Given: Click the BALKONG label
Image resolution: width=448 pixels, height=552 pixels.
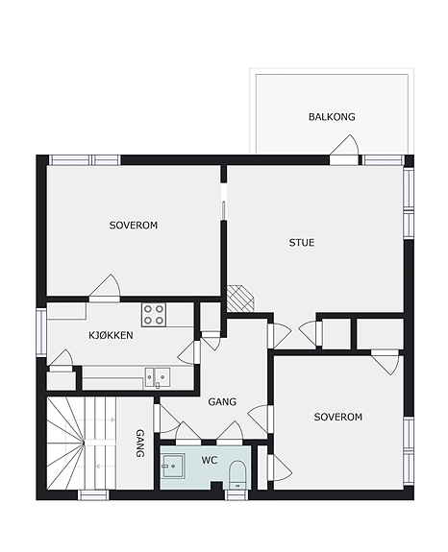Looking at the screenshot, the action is [x=332, y=117].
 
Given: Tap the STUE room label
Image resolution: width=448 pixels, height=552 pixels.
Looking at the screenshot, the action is [x=302, y=243].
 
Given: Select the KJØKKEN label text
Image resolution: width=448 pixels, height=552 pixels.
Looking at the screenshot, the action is [x=111, y=335].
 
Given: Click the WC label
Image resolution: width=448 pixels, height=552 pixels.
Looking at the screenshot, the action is [x=210, y=460].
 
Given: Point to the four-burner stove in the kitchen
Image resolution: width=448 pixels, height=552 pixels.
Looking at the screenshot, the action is [x=154, y=315].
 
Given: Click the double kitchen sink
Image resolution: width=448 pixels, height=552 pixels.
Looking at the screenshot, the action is [x=158, y=377].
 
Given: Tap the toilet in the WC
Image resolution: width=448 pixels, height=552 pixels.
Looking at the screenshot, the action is [x=237, y=474].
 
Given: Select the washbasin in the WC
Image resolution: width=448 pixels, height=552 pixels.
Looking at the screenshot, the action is [x=173, y=466].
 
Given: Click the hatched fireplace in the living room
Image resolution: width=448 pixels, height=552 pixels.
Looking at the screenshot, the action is [x=239, y=299].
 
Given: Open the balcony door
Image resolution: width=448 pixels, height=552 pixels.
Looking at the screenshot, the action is [x=344, y=150].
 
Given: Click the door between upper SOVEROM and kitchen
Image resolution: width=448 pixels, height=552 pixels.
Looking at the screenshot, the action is [x=105, y=289].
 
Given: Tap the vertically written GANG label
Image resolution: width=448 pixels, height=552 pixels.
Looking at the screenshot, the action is [x=140, y=444].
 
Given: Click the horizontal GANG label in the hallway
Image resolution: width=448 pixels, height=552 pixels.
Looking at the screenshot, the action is [x=222, y=401].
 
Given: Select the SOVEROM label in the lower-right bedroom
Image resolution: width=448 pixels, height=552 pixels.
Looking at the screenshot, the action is [x=338, y=417].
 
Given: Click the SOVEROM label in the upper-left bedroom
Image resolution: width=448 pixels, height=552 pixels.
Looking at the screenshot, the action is [x=134, y=226].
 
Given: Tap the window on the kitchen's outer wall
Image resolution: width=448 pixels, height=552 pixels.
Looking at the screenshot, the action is [x=41, y=332].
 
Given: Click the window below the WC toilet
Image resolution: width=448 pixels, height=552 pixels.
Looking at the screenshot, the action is [x=236, y=495].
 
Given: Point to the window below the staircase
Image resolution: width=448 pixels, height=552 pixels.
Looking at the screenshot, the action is [x=93, y=495].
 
